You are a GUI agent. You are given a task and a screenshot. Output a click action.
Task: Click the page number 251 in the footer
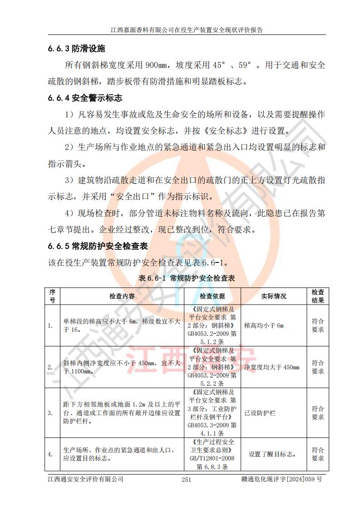[x=186, y=480]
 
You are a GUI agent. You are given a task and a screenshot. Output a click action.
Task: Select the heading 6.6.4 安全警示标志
[x=85, y=97]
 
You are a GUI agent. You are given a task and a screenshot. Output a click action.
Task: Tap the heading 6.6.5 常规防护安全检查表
[x=98, y=246]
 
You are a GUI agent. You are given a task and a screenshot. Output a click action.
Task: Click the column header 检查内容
[x=122, y=296]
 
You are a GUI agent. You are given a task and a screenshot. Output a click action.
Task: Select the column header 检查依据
[x=212, y=296]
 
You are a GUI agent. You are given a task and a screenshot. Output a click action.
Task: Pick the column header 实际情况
[x=274, y=296]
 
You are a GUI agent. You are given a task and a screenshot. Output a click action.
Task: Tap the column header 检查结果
[x=317, y=296]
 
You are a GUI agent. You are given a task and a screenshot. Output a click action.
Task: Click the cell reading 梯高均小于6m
[x=263, y=325]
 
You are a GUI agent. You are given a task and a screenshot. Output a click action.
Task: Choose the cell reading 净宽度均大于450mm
[x=272, y=367]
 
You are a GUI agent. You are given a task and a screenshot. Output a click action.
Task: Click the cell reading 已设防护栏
[x=260, y=413]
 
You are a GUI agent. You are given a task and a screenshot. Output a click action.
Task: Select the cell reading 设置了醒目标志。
[x=273, y=454]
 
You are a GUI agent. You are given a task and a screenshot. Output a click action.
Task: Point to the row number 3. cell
[x=52, y=413]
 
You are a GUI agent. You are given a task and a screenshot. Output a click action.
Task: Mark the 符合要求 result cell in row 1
[x=317, y=325]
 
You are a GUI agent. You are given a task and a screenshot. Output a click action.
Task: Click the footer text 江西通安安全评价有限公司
[x=86, y=479]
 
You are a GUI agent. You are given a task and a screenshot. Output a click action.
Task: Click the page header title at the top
[x=187, y=30]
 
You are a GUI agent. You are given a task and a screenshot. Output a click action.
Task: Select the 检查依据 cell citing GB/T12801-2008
[x=212, y=454]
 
